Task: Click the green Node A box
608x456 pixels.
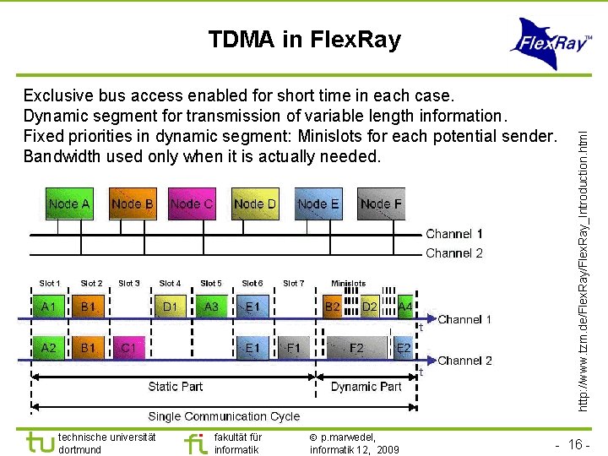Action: point(68,204)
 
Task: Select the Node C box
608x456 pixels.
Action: point(191,204)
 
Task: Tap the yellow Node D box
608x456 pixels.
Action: point(254,204)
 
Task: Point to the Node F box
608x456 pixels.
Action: point(381,204)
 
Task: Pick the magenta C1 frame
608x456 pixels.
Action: point(129,347)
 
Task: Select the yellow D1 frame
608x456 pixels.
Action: point(171,307)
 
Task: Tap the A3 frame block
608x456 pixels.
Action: point(211,307)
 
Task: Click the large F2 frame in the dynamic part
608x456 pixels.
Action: point(357,347)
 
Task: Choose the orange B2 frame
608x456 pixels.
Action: point(333,307)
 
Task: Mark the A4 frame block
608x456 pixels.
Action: point(405,307)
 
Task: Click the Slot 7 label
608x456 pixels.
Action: point(293,284)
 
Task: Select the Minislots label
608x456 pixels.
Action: point(349,284)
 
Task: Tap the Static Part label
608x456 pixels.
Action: point(176,386)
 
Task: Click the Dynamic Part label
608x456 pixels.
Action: point(366,386)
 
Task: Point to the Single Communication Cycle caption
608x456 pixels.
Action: point(224,415)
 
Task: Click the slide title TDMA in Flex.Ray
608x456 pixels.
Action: point(304,40)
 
